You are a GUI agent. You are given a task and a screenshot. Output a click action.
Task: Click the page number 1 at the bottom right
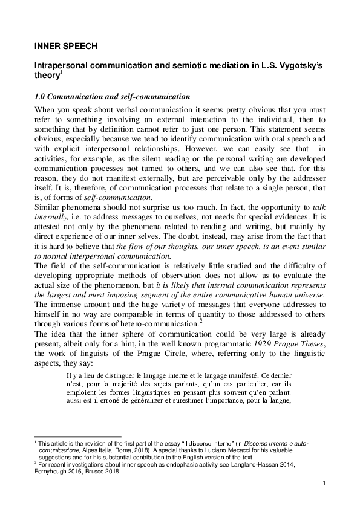[x=324, y=483]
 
